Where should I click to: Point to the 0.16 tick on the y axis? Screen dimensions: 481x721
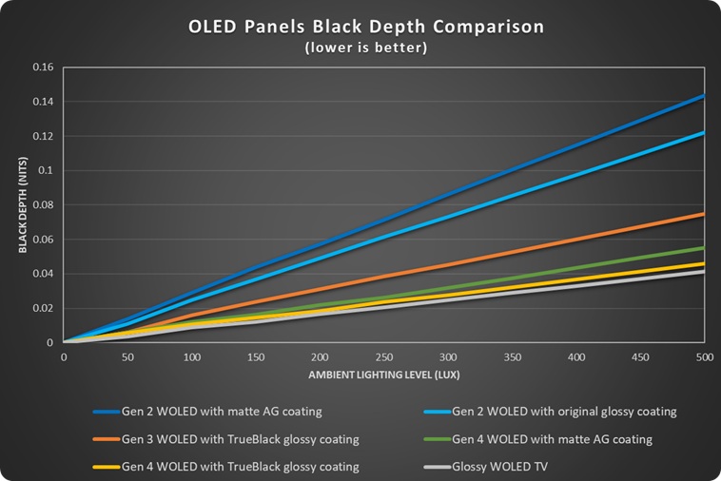[44, 67]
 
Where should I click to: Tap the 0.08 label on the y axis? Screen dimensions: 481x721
[44, 205]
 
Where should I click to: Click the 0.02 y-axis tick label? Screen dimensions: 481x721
[44, 308]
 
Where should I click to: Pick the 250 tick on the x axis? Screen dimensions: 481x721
[383, 356]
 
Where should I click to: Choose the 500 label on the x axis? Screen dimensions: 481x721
[704, 356]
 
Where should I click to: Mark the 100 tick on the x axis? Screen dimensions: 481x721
[191, 356]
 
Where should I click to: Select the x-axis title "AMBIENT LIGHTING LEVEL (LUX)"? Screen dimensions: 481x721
[383, 375]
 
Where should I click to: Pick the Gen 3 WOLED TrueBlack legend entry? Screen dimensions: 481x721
[227, 439]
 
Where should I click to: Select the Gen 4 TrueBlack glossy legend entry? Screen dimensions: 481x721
[227, 467]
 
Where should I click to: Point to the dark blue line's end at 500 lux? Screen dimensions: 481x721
[703, 96]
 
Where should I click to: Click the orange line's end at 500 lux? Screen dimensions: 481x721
[703, 214]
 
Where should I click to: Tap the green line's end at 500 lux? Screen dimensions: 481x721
[703, 248]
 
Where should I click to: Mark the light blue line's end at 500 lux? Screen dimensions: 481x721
[703, 133]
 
